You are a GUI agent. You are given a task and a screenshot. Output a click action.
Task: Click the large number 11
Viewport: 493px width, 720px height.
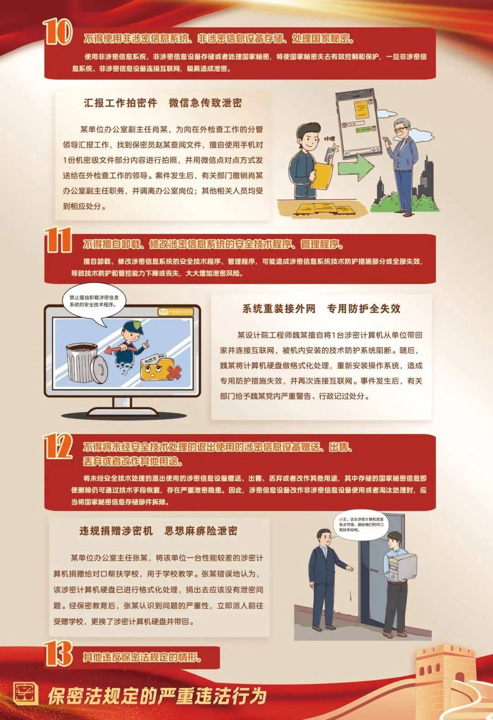point(58,240)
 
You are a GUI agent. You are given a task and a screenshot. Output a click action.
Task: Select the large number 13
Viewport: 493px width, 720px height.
point(58,653)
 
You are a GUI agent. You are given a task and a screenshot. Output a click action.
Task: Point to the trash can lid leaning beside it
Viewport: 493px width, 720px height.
point(100,368)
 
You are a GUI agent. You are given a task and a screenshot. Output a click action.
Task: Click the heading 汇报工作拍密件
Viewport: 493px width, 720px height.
point(121,103)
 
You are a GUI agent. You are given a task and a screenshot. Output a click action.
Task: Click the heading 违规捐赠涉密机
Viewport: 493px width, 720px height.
point(116,531)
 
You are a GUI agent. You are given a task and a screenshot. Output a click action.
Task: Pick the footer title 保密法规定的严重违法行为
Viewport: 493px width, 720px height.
point(157,696)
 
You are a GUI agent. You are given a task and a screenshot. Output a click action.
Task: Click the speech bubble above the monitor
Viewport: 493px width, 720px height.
point(94,301)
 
